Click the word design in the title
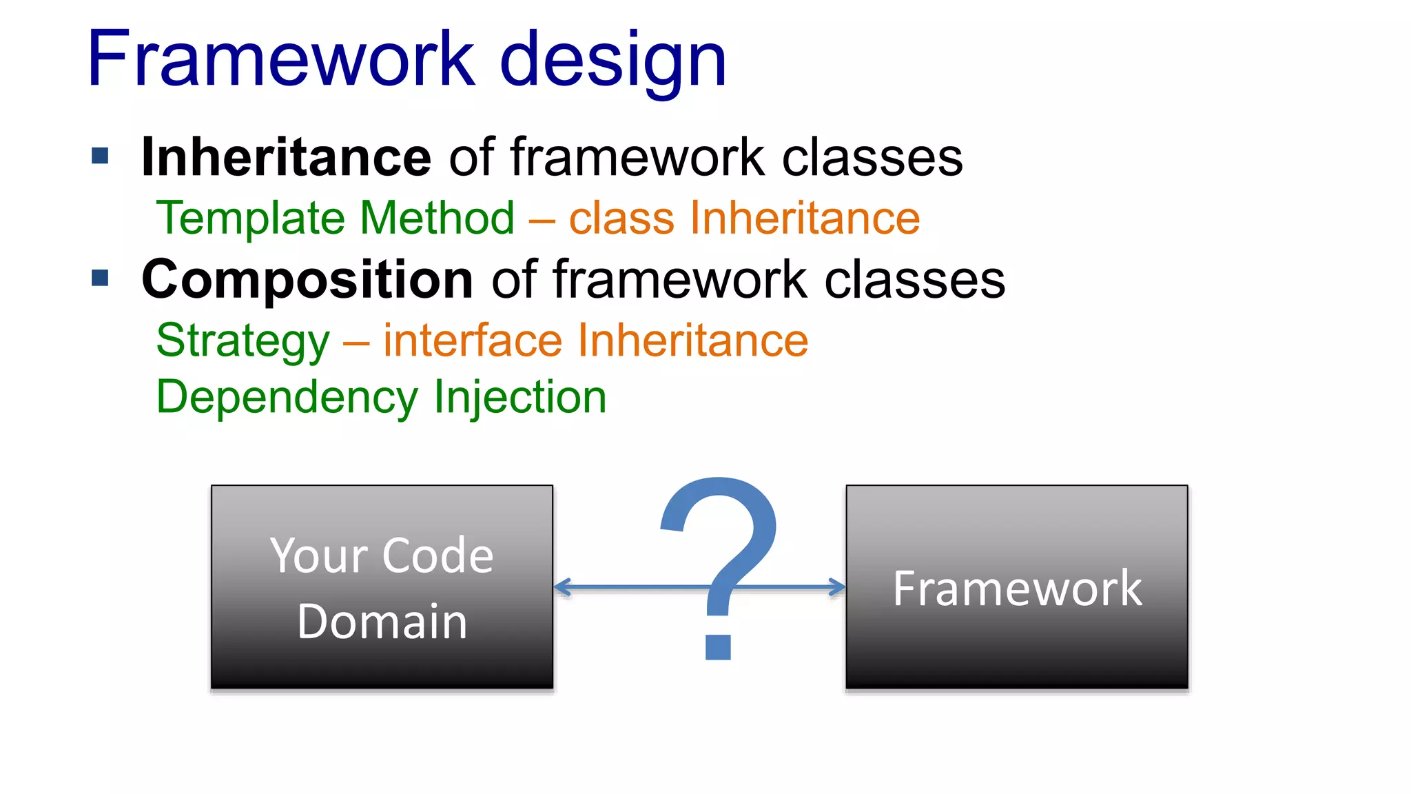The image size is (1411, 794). click(612, 62)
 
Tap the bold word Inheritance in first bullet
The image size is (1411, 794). click(286, 157)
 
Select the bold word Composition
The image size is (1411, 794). click(307, 280)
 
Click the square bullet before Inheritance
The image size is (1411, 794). click(101, 156)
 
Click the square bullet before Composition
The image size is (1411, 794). click(101, 278)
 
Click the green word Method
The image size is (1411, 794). click(437, 218)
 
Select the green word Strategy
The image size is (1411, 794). click(243, 342)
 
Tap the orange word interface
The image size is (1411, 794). click(473, 340)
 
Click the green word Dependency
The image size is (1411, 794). click(287, 398)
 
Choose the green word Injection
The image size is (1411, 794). click(520, 398)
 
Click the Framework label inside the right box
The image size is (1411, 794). click(1017, 589)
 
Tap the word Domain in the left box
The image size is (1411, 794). click(382, 622)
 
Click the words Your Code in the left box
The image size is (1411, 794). click(382, 556)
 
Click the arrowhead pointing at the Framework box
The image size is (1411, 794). click(838, 587)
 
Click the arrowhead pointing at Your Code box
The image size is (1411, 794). click(562, 587)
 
